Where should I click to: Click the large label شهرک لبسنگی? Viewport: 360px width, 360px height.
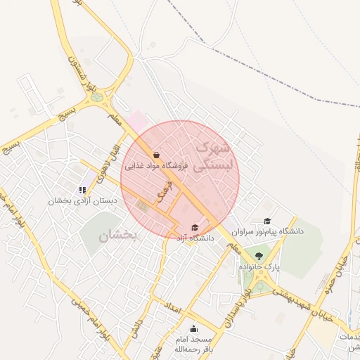210,158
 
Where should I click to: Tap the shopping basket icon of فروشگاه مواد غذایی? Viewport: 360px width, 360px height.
155,155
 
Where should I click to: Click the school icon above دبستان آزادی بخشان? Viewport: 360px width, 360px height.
84,189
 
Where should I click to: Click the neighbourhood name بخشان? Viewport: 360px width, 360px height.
120,237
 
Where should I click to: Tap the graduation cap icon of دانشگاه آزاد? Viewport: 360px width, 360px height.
195,227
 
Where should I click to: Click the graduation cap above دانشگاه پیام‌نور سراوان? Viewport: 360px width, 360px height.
267,221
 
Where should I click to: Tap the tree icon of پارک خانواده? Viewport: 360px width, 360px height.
259,256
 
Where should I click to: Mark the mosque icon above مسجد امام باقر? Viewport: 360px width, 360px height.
193,329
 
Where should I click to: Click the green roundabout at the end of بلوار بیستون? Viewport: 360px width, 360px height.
97,97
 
